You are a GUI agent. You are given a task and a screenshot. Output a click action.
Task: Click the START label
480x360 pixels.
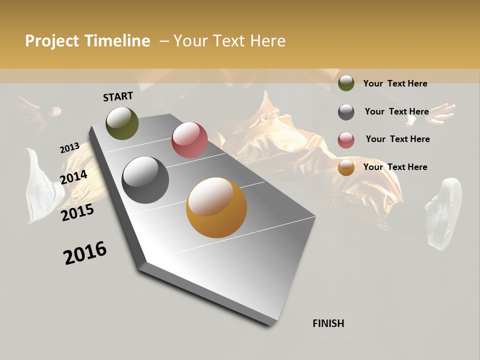tap(118, 96)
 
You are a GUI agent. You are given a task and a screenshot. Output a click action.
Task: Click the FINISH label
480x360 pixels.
tap(328, 323)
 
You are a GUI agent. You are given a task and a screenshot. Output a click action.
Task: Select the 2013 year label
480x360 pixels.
tap(69, 148)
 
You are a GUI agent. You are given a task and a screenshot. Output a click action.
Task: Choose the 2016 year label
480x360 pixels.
tap(85, 253)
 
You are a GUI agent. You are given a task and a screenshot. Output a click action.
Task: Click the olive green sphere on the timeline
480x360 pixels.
tap(122, 123)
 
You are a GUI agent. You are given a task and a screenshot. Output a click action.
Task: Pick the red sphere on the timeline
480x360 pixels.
tap(189, 140)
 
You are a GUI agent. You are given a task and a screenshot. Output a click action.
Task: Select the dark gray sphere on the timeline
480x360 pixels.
tap(145, 180)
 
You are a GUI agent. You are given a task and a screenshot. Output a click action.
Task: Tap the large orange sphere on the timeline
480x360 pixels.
tap(216, 208)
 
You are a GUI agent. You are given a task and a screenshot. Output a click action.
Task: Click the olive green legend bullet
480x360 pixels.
tap(346, 83)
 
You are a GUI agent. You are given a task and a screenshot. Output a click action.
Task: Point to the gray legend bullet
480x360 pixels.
tap(346, 112)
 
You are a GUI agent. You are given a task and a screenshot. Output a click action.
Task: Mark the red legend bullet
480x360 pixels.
tap(346, 140)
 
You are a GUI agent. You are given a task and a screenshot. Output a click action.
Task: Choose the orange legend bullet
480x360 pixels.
tap(346, 167)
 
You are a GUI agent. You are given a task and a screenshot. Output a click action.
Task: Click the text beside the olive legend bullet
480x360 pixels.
tap(395, 83)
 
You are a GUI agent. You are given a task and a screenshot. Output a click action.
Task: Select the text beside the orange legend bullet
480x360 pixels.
tap(395, 167)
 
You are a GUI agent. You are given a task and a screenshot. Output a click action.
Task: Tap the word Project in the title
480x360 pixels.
tap(51, 41)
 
